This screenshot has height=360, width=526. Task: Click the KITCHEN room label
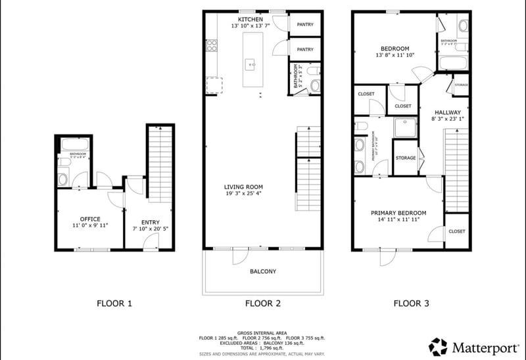coord(251,20)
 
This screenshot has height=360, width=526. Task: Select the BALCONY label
coord(263,271)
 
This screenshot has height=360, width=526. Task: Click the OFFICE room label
coord(89,219)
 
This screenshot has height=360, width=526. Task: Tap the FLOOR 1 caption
coord(114,304)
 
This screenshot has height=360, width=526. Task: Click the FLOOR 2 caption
coord(263,304)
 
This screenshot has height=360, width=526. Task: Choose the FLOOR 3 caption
coord(411,304)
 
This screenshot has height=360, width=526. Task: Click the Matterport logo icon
coord(439,346)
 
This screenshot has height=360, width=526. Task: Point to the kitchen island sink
coord(251,64)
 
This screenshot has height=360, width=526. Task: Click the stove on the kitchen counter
coord(212,46)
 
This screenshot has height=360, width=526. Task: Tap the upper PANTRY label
coord(304,25)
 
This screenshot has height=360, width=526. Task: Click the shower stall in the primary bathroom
coord(405,127)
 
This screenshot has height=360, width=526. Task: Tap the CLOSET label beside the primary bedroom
coord(456,231)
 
